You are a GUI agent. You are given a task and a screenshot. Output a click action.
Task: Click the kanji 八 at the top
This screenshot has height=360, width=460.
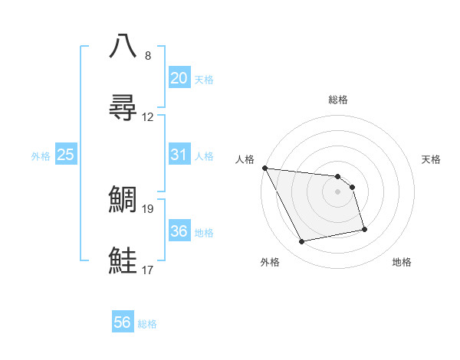pyautogui.click(x=123, y=45)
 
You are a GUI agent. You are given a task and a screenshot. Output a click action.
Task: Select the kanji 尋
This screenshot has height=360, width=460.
pyautogui.click(x=123, y=108)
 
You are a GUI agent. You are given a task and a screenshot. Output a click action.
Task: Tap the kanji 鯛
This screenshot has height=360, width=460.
pyautogui.click(x=123, y=198)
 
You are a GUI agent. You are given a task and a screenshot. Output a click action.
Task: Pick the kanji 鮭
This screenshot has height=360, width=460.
pyautogui.click(x=123, y=260)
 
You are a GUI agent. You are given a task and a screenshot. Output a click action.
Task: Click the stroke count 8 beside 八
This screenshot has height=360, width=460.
pyautogui.click(x=148, y=56)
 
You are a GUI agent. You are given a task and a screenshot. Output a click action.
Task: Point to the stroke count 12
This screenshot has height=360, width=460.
pyautogui.click(x=148, y=117)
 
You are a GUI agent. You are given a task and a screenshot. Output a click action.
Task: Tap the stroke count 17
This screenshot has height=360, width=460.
pyautogui.click(x=148, y=270)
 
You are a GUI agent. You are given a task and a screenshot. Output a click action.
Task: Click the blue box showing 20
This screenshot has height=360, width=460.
pyautogui.click(x=179, y=78)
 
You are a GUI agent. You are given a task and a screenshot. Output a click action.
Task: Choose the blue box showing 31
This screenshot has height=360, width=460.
pyautogui.click(x=179, y=155)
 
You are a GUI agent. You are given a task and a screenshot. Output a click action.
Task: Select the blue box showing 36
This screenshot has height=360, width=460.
pyautogui.click(x=179, y=231)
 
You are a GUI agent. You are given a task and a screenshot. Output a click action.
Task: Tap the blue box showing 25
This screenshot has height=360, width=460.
pyautogui.click(x=65, y=155)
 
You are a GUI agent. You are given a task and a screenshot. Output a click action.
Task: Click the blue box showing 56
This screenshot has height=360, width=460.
pyautogui.click(x=123, y=322)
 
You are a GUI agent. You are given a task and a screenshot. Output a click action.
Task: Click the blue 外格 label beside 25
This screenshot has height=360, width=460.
pyautogui.click(x=41, y=156)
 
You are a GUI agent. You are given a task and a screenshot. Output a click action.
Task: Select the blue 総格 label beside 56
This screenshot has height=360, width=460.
pyautogui.click(x=147, y=324)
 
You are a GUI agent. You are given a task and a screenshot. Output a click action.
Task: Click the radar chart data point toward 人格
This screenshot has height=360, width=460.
pyautogui.click(x=264, y=168)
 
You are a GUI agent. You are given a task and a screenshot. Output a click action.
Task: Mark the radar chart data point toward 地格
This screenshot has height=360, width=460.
pyautogui.click(x=364, y=229)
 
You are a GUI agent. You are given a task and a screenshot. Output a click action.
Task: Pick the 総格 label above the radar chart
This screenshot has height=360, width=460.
pyautogui.click(x=338, y=100)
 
